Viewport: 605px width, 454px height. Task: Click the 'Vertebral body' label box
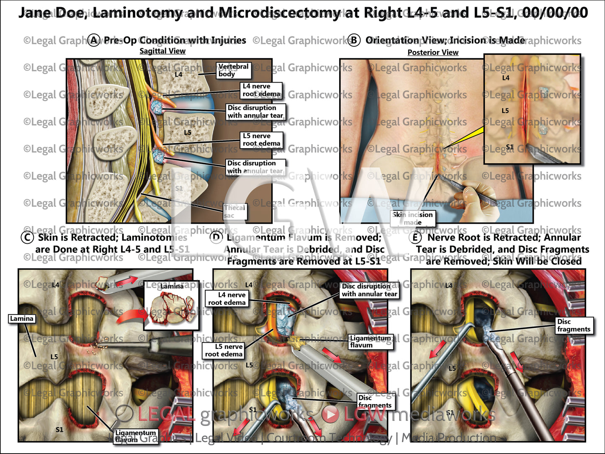click(234, 70)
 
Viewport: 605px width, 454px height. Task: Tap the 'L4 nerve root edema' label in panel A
click(261, 90)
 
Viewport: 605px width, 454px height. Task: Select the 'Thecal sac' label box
click(234, 212)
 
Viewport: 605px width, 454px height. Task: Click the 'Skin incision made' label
click(413, 218)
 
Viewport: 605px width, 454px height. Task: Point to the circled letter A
click(94, 41)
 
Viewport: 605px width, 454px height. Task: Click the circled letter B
click(354, 41)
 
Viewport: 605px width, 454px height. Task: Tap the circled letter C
click(27, 237)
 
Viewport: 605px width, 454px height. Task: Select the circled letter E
click(415, 237)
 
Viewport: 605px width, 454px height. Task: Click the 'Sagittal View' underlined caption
click(162, 51)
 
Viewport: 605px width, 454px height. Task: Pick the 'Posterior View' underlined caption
click(433, 52)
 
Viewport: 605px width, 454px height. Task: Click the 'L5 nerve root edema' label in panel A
click(261, 139)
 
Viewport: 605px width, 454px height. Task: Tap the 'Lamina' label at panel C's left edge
click(22, 319)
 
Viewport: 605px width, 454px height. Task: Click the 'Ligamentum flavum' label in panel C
click(135, 436)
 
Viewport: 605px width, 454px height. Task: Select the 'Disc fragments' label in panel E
click(574, 325)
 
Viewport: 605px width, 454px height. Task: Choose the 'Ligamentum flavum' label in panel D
click(370, 341)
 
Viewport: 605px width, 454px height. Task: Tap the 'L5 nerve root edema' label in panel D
click(224, 350)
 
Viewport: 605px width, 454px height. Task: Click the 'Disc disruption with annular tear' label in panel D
click(369, 290)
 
